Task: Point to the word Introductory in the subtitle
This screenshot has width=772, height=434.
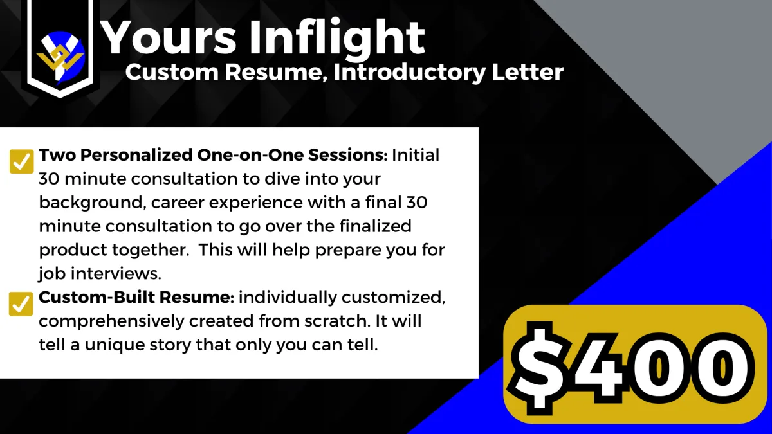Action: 410,73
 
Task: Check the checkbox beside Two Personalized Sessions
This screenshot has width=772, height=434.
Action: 21,161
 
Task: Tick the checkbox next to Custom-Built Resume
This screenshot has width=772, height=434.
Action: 21,303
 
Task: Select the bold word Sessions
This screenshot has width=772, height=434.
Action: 348,155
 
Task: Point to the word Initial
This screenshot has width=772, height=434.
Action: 416,155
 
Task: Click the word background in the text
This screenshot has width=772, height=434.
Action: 90,203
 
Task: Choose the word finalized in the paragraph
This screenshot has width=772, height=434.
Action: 375,226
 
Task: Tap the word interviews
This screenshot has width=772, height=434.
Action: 116,273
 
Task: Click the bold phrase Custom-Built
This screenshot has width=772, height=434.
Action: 96,297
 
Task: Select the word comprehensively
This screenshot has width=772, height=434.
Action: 111,321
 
